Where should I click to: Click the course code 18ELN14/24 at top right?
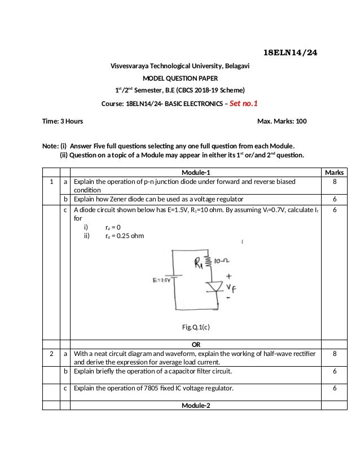click(291, 53)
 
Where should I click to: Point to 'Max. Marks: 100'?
click(282, 121)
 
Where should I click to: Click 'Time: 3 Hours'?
click(63, 121)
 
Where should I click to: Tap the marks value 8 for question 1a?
click(335, 182)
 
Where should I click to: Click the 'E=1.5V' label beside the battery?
click(161, 279)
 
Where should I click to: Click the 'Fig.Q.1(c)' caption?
click(196, 327)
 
